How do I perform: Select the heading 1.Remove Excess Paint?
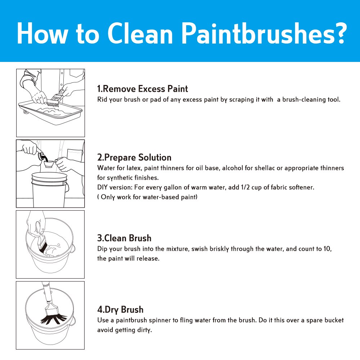click(142, 89)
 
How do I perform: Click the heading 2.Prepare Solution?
click(134, 158)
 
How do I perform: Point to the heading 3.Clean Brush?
click(124, 238)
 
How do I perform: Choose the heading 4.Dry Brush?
click(120, 310)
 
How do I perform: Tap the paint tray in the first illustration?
click(51, 112)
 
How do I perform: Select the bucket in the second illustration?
click(50, 189)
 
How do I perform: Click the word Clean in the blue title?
click(140, 33)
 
